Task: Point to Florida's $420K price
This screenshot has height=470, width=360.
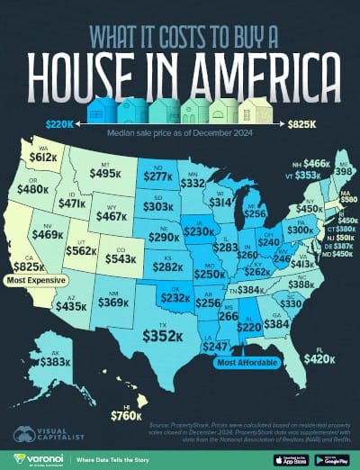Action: (x=318, y=357)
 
